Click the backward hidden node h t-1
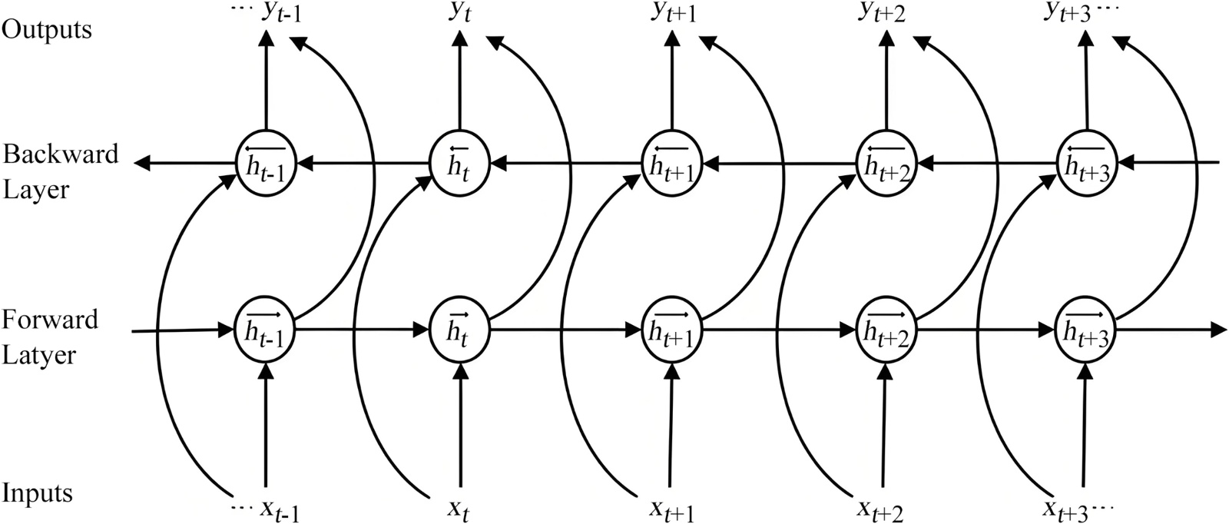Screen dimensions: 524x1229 [x=265, y=163]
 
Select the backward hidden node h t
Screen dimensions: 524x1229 [x=459, y=163]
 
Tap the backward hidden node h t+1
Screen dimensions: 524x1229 [x=672, y=163]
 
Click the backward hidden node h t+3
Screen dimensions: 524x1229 [x=1087, y=163]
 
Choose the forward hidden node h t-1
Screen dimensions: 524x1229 [x=265, y=330]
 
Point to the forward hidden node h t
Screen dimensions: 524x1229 [x=459, y=330]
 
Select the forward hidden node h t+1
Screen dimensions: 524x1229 [x=672, y=330]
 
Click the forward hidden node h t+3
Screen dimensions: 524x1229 [x=1087, y=330]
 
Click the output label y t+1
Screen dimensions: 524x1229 [x=673, y=13]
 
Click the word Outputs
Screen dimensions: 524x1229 [x=48, y=30]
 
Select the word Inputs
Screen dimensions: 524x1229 [x=38, y=492]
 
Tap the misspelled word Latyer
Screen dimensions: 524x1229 [x=40, y=356]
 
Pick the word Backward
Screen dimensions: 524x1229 [x=61, y=154]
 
